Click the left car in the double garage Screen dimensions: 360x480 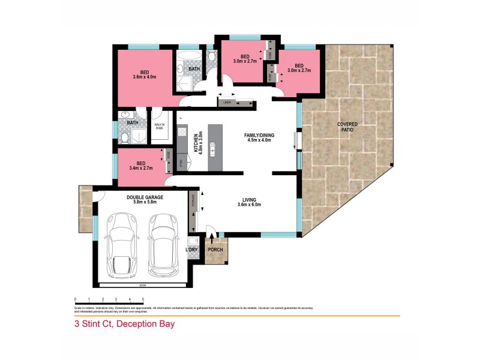tap(122, 246)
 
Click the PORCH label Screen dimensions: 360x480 tap(214, 250)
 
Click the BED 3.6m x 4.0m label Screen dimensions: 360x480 tap(143, 73)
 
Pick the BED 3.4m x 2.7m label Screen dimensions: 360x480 tap(140, 165)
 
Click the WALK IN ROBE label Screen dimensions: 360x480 tap(160, 126)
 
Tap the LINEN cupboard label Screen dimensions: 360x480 tap(227, 103)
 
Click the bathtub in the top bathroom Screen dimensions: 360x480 tap(192, 58)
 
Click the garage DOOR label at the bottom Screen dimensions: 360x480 tap(142, 286)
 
